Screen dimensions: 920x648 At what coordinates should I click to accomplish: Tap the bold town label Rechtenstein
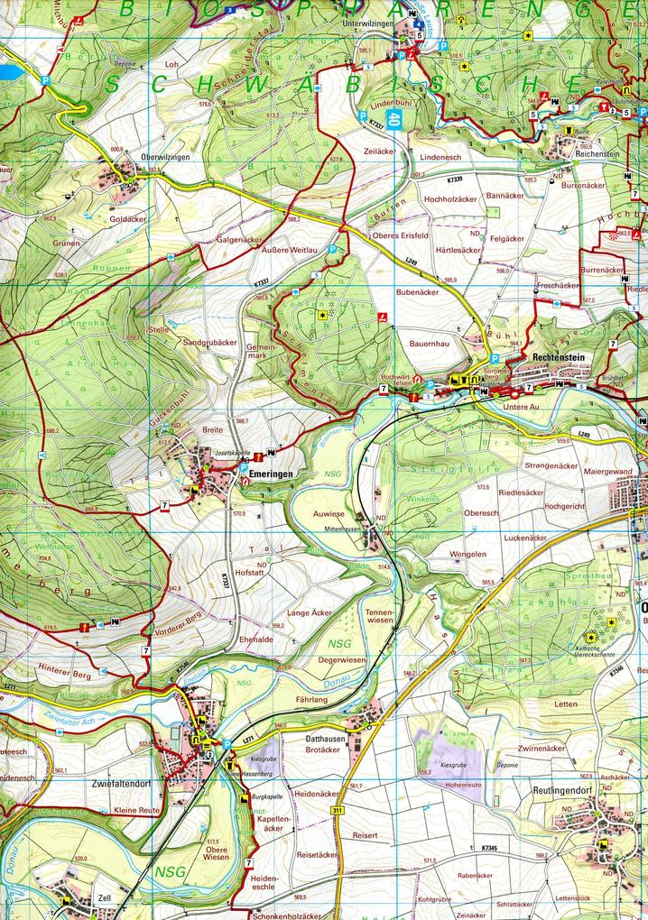pos(560,357)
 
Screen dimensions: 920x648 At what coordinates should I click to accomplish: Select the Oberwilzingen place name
pos(165,157)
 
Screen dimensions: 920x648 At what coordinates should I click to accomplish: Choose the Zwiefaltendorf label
pos(120,783)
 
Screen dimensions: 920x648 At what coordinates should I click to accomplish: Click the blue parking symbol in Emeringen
pos(243,470)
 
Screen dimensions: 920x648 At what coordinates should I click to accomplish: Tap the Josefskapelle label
pos(230,453)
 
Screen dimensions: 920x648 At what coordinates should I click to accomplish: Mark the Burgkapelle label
pos(268,798)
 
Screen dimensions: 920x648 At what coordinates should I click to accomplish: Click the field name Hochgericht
pos(565,507)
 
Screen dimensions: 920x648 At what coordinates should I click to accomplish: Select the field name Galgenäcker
pos(239,240)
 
